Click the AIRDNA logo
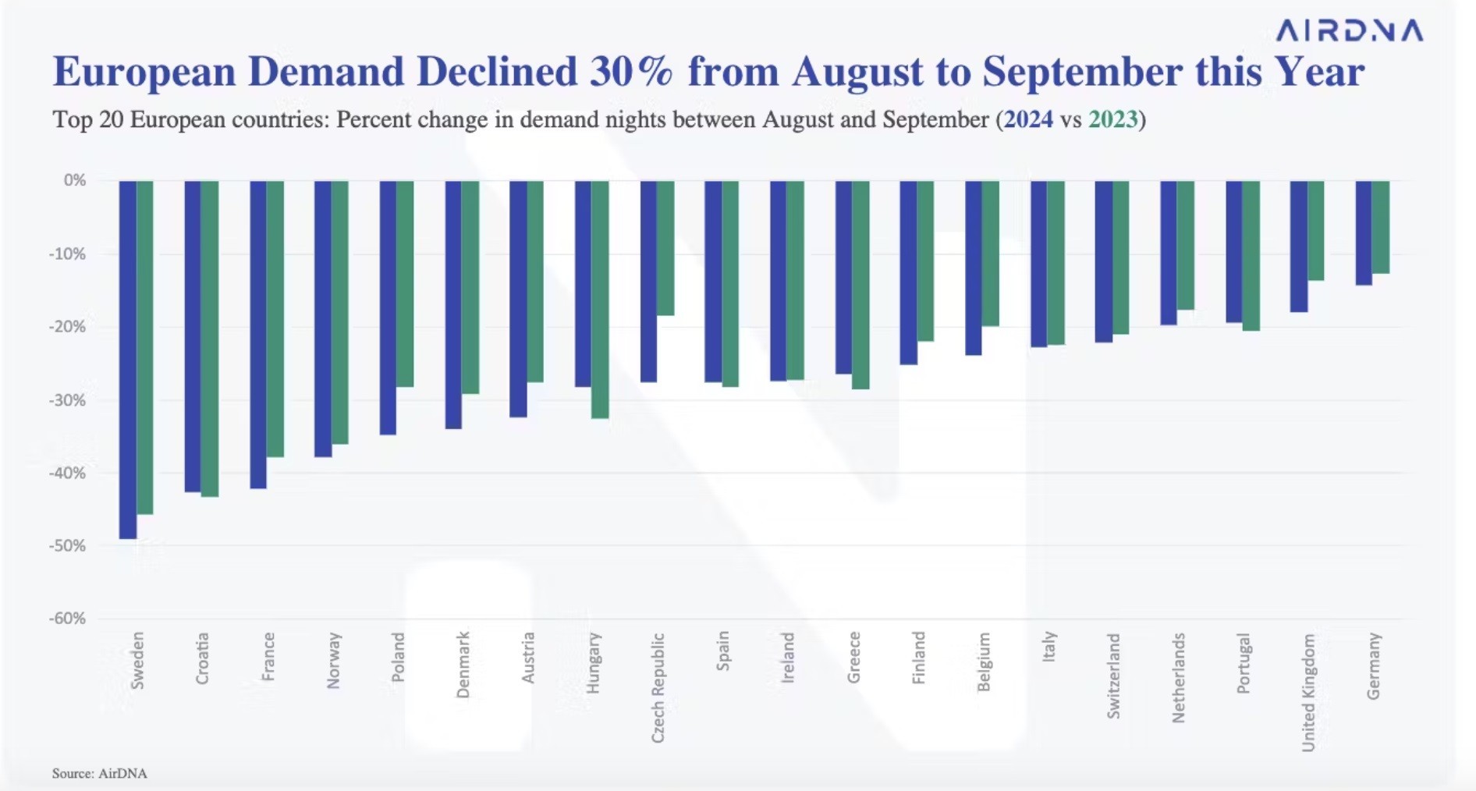coord(1349,30)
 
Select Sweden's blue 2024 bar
coord(128,359)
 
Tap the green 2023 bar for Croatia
coord(210,339)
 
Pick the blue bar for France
coord(258,335)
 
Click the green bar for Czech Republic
coord(665,248)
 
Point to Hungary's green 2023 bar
coord(600,300)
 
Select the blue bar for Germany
coord(1364,232)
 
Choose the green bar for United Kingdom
coord(1316,230)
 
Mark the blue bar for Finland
coord(908,272)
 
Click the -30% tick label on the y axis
coord(67,400)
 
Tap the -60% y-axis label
coord(67,619)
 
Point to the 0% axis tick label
coord(75,180)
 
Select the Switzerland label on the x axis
coord(1113,676)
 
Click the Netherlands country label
coord(1179,677)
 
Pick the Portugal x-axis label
coord(1244,663)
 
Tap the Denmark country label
coord(463,665)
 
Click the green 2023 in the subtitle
coord(1113,119)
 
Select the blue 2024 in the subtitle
coord(1028,119)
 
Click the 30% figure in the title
coord(630,72)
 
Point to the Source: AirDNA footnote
coord(100,773)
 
